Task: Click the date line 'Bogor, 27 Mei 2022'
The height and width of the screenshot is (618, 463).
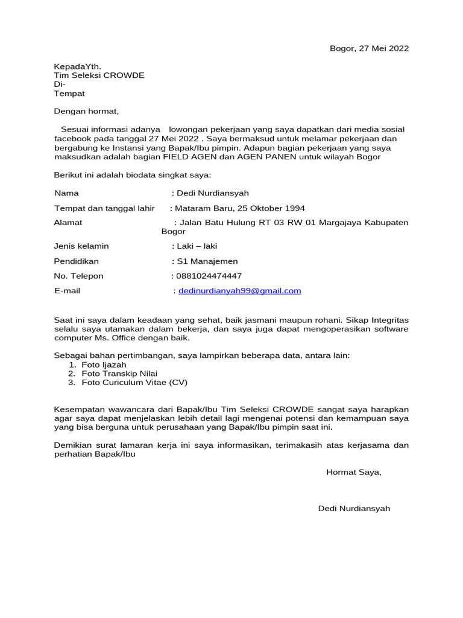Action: [369, 49]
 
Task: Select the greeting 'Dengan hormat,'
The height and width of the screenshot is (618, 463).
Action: [87, 112]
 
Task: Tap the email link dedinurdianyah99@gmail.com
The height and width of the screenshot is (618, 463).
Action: [239, 291]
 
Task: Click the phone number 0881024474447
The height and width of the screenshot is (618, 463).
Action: [209, 276]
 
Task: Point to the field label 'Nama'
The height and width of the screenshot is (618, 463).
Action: [66, 193]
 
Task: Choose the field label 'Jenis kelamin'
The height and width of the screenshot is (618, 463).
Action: [81, 246]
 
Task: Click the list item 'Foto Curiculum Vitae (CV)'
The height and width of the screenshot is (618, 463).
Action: [131, 383]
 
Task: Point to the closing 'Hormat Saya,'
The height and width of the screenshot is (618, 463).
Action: [354, 472]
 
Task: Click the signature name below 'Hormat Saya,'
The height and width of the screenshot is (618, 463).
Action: [354, 508]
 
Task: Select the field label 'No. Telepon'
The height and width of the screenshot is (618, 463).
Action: [78, 276]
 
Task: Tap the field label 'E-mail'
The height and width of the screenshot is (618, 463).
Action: [67, 291]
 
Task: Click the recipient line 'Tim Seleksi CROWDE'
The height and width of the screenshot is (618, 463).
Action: [99, 75]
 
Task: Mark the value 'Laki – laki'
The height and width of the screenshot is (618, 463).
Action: [197, 246]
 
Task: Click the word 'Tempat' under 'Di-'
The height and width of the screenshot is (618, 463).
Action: [69, 94]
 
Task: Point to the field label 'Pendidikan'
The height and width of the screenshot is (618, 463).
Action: [76, 261]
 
